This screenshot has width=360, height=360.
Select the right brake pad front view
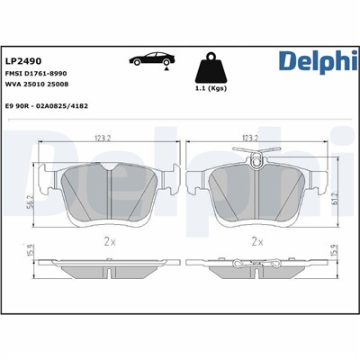pyautogui.click(x=255, y=193)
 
